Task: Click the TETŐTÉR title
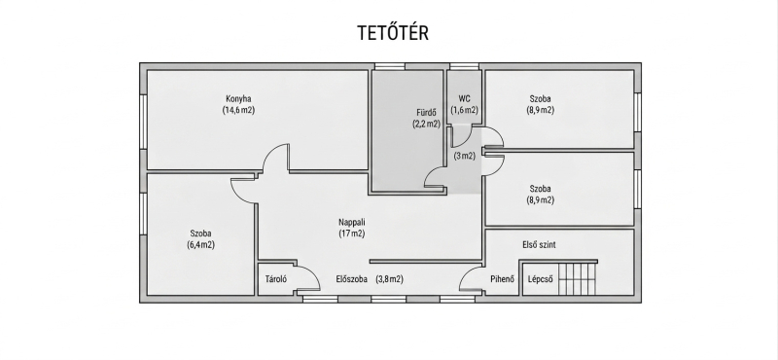coord(393,32)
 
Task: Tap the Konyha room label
coord(238,99)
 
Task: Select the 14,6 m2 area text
coord(238,110)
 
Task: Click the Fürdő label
coord(426,112)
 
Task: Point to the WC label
coord(465,99)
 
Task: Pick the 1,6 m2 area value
coord(465,110)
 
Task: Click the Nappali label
coord(352,222)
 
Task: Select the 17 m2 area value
coord(352,234)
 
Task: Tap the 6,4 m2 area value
coord(201,245)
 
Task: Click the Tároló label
coord(276,279)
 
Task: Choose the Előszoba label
coord(352,279)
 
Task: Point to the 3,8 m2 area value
coord(390,279)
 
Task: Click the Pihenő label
coord(502,279)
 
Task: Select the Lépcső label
coord(541,279)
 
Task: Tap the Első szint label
coord(539,245)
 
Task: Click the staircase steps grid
coord(577,278)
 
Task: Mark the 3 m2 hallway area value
coord(465,156)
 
